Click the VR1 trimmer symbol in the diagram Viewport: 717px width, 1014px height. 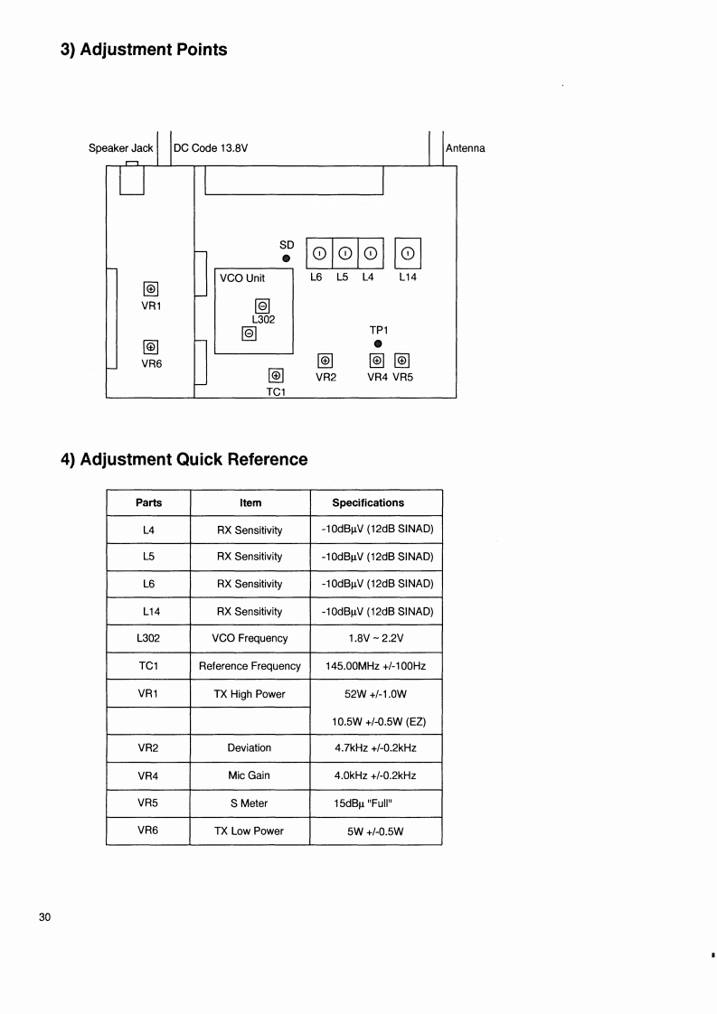coord(151,288)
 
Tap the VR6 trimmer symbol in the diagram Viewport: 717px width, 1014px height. coord(151,346)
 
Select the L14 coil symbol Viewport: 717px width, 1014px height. coord(408,253)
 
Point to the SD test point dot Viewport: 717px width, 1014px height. coord(287,258)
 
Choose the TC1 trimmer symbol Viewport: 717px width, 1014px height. coord(277,376)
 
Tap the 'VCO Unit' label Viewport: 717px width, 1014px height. coord(242,278)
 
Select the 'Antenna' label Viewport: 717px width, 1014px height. coord(465,148)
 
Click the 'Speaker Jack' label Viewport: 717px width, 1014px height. coord(120,148)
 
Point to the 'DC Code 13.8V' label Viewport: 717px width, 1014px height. coord(210,148)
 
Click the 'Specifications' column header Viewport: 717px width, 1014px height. coord(368,502)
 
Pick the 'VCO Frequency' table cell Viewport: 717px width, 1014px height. coord(250,638)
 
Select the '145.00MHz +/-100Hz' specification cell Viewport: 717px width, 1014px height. coord(375,666)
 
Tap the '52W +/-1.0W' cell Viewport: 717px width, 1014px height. coord(375,694)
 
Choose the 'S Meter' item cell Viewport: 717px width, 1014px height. coord(250,803)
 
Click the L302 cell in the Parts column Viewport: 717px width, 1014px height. coord(147,638)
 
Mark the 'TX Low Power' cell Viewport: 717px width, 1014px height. coord(250,831)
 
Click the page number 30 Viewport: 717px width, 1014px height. coord(45,918)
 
